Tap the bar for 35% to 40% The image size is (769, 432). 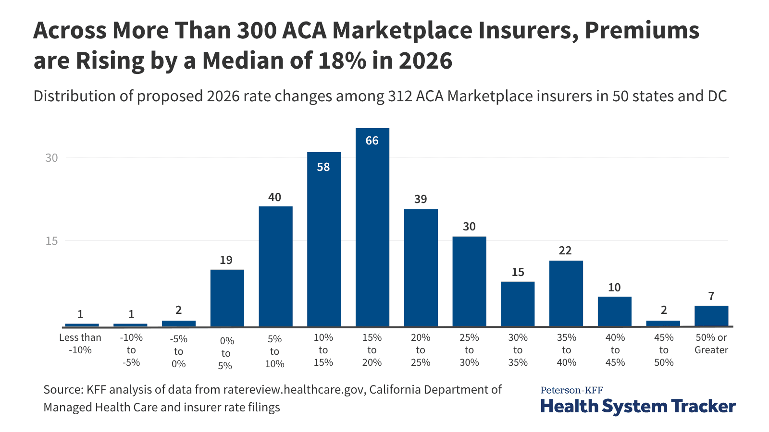566,294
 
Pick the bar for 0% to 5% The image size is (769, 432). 227,298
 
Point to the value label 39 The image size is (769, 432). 421,199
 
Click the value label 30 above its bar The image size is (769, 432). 469,227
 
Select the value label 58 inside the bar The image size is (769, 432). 323,167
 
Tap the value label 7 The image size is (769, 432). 711,296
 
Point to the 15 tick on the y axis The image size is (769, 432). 51,241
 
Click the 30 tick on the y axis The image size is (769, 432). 51,158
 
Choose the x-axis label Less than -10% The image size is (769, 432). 80,344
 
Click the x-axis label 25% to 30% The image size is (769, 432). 469,350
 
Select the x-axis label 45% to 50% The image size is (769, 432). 664,350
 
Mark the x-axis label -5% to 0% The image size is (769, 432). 178,351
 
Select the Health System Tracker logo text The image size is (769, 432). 638,406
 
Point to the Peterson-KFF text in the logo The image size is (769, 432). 571,390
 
